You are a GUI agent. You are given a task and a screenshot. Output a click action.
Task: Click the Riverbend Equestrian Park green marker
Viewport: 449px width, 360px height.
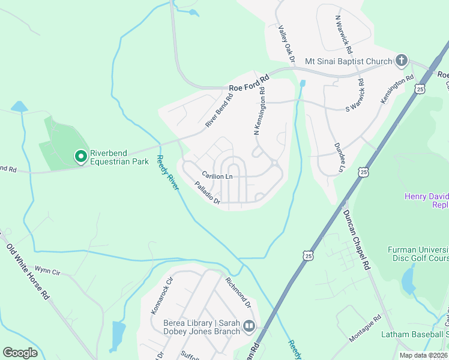(80, 157)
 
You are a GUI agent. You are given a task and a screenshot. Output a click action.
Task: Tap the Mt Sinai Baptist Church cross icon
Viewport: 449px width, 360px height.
(402, 61)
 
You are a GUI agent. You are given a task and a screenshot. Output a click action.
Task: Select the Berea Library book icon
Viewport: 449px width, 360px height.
(249, 327)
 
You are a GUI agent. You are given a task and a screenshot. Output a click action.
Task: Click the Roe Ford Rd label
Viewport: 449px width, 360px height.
(249, 78)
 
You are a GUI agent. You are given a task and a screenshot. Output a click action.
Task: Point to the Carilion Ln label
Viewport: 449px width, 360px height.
(217, 176)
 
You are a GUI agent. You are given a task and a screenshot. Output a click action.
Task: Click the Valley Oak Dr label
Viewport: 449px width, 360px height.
(288, 44)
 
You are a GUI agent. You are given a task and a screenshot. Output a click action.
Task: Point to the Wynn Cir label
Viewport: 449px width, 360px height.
(47, 270)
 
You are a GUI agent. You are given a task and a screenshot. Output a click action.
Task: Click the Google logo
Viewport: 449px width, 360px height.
(20, 353)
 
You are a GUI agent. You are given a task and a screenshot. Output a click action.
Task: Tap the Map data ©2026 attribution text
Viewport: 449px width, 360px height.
(423, 355)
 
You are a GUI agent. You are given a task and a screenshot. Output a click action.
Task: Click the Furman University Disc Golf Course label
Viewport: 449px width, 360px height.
(418, 254)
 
